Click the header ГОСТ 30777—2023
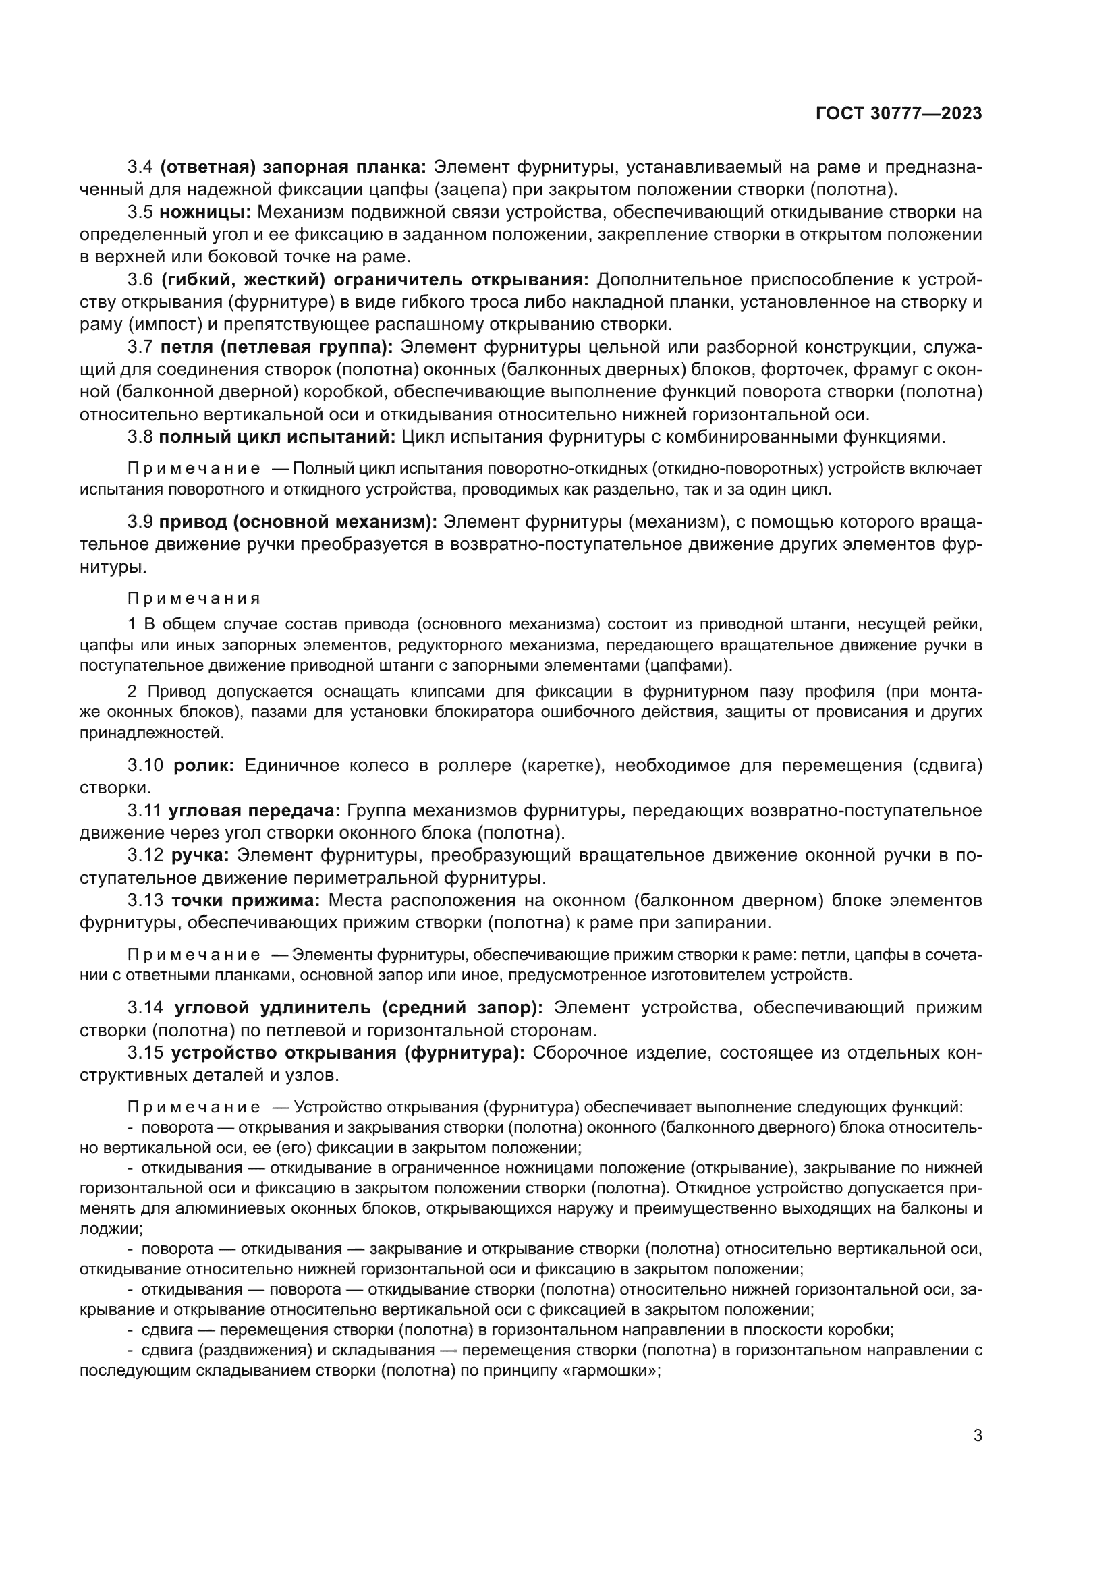[x=899, y=114]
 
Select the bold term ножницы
[x=210, y=212]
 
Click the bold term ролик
[x=204, y=766]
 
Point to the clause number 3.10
[x=146, y=766]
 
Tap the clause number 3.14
[x=146, y=1008]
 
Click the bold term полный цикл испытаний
[x=277, y=437]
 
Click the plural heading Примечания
[x=194, y=598]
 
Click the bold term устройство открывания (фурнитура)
[x=347, y=1053]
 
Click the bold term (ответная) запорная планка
[x=294, y=167]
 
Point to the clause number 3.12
[x=146, y=855]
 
